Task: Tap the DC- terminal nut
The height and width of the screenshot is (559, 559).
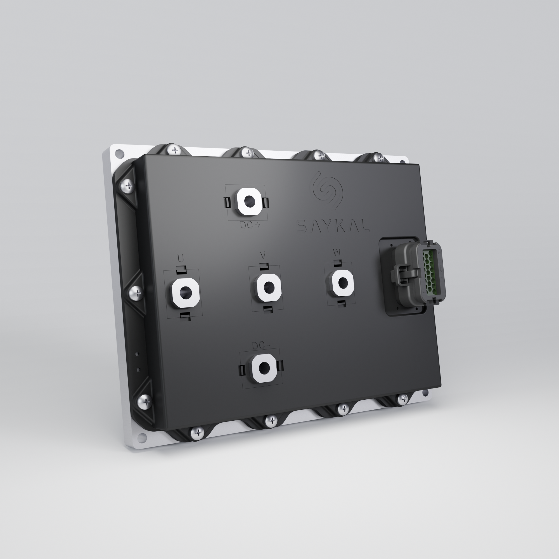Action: click(x=264, y=368)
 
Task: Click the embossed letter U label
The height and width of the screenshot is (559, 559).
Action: click(x=180, y=258)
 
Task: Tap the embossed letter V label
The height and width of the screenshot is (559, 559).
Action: click(x=263, y=255)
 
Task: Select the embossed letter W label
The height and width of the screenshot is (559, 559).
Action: click(x=337, y=252)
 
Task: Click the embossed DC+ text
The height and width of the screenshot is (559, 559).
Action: click(x=250, y=225)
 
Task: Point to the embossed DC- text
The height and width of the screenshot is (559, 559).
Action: click(x=261, y=346)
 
